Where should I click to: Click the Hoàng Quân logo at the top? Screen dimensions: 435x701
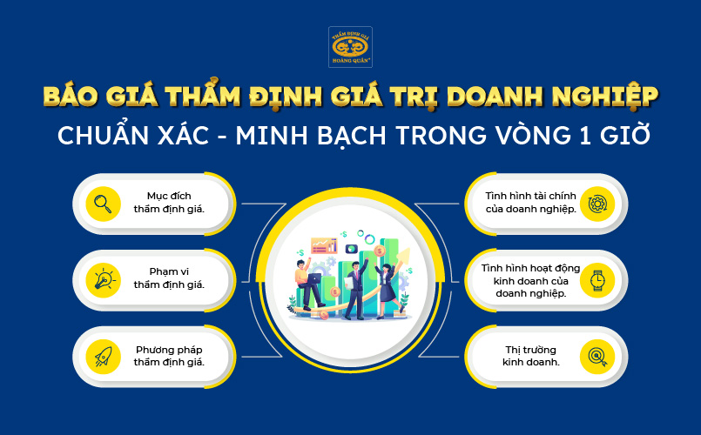(x=350, y=47)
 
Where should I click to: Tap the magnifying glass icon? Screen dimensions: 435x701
(x=103, y=204)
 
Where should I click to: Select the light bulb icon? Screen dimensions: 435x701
(x=103, y=279)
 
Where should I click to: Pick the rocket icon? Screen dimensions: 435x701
(x=103, y=355)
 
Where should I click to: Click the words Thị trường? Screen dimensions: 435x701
(x=531, y=349)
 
